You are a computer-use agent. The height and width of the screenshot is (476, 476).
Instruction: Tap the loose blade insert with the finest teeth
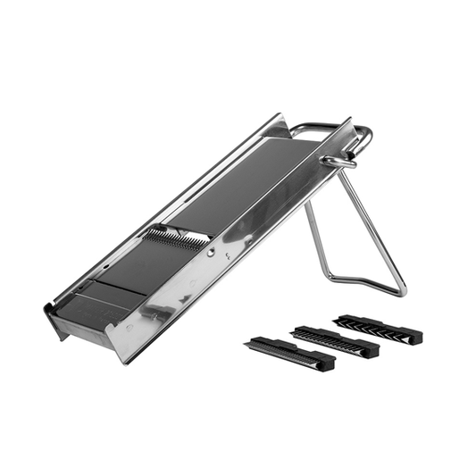pos(291,354)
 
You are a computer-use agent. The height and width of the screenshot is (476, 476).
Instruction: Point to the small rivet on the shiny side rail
pos(211,253)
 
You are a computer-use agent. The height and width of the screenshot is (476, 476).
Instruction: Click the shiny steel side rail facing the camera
pos(223,255)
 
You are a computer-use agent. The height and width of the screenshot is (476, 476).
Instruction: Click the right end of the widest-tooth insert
pos(415,337)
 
